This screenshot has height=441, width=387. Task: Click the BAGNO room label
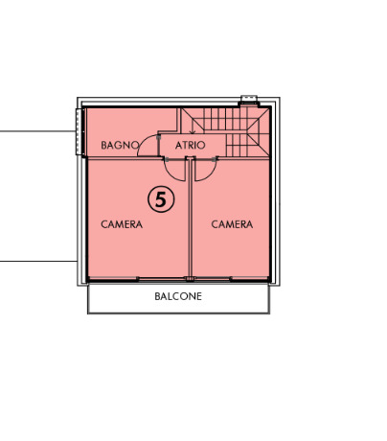(x=120, y=145)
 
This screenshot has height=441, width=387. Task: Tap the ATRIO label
(x=190, y=146)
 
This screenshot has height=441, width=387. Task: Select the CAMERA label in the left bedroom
(x=122, y=224)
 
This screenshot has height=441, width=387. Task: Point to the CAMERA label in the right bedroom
(x=232, y=224)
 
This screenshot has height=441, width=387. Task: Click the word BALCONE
(x=178, y=296)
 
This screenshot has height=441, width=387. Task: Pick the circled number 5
(x=161, y=199)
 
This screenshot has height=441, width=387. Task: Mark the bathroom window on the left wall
(x=80, y=132)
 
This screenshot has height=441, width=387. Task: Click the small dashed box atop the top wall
(x=249, y=98)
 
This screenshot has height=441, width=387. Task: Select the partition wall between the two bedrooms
(x=191, y=219)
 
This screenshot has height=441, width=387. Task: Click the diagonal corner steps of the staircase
(x=259, y=131)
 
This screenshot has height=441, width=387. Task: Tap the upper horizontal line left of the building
(x=38, y=131)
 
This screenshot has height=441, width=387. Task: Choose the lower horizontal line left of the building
(x=38, y=261)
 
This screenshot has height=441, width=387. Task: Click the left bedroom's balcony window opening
(x=162, y=279)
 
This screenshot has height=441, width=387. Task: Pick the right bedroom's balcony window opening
(x=212, y=279)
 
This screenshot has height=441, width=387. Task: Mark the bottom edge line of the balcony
(x=178, y=313)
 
